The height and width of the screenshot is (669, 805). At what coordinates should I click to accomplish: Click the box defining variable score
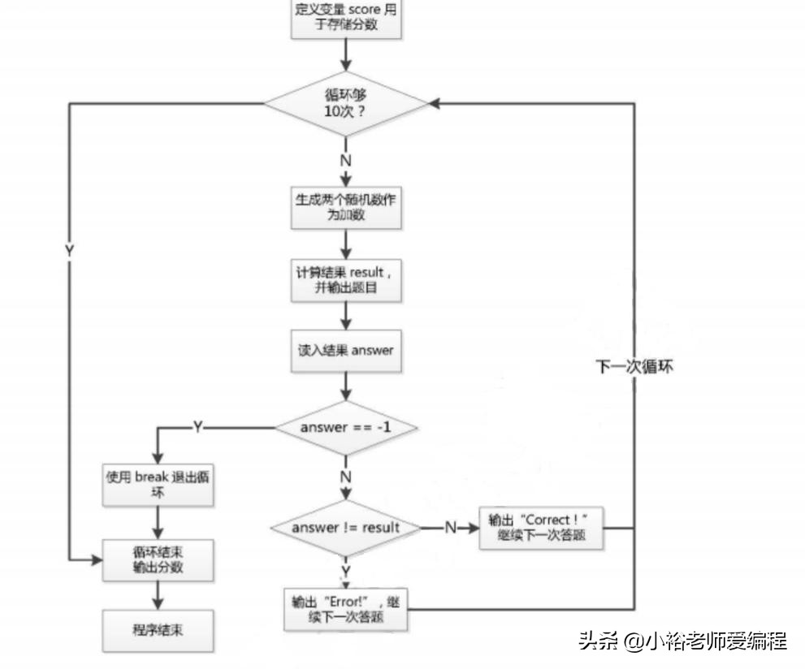[346, 18]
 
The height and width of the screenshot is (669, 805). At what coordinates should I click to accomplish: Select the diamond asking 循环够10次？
[346, 104]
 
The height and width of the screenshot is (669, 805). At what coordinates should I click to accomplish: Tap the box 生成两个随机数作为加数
[346, 207]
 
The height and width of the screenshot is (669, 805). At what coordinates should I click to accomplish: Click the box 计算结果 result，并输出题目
[346, 280]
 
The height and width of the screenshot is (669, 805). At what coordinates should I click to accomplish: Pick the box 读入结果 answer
[346, 350]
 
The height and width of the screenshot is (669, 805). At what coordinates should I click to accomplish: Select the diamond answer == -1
[346, 426]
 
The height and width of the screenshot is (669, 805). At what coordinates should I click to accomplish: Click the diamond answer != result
[346, 528]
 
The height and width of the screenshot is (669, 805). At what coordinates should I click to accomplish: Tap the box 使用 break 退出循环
[158, 485]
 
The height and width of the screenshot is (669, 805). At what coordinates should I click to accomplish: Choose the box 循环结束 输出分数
[158, 559]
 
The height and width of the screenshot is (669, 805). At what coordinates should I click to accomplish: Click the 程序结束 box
[158, 629]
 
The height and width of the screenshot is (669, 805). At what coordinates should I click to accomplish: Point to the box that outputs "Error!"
[346, 610]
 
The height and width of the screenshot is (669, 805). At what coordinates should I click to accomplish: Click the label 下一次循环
[634, 366]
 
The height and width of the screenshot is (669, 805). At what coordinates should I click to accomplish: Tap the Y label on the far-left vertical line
[69, 251]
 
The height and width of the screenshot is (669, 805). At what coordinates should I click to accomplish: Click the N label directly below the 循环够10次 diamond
[345, 160]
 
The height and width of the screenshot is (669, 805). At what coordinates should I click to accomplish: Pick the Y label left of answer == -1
[197, 427]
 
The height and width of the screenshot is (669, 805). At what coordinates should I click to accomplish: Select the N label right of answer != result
[450, 529]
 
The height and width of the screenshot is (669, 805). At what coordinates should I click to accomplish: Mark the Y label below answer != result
[345, 572]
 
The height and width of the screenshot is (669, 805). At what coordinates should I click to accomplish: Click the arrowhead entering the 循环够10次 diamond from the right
[435, 104]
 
